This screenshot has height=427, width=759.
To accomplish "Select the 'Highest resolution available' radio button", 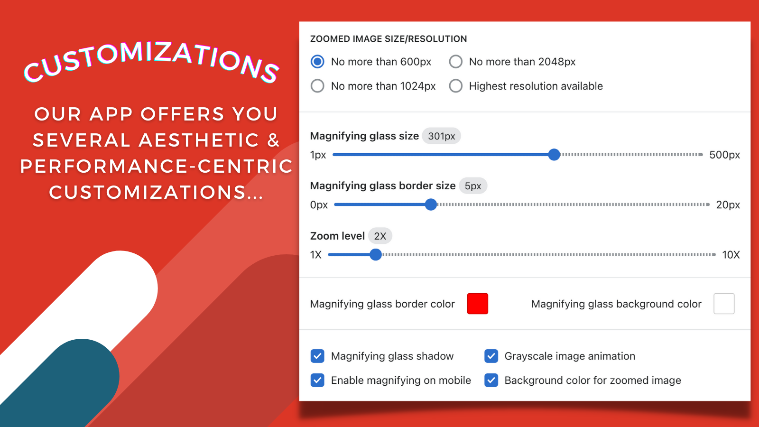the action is [455, 86].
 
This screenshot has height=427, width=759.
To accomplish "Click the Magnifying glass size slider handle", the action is [554, 155].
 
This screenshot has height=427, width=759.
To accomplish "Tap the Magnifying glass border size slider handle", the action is [431, 204].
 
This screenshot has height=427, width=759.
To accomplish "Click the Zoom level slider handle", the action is [375, 254].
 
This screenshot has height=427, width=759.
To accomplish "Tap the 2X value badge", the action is [380, 236].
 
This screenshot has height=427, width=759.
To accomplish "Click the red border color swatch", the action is [477, 304].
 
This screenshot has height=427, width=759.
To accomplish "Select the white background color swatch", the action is [724, 304].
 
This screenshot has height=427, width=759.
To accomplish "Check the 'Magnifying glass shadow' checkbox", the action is [317, 356].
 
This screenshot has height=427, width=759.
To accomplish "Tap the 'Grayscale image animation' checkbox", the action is [491, 356].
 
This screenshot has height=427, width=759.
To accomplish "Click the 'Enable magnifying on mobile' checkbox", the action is [317, 380].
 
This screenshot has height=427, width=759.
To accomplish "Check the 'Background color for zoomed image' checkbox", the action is [491, 380].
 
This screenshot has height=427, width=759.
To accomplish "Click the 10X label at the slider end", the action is [731, 255].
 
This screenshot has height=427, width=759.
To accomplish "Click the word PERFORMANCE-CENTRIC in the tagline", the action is [156, 166].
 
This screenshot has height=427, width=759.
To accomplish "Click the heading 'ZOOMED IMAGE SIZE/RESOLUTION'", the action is [389, 38].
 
